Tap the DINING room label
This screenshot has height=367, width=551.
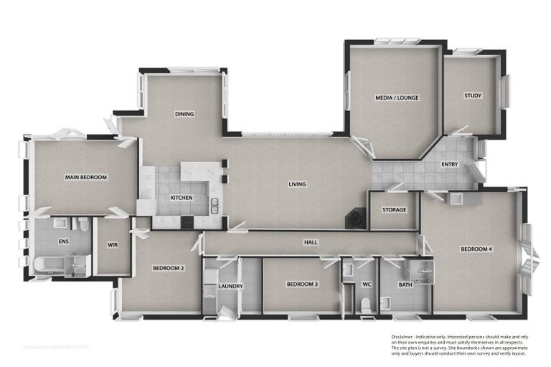185,114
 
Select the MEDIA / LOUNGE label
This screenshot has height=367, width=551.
397,97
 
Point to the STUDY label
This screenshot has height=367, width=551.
473,95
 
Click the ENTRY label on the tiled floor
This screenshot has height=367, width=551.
450,165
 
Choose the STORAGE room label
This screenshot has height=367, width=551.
394,210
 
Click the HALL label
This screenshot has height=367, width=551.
311,242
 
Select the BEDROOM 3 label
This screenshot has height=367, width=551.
302,285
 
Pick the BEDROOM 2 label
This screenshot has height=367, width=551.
169,268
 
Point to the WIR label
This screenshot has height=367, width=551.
112,245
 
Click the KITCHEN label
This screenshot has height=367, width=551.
181,198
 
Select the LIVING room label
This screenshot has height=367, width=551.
297,184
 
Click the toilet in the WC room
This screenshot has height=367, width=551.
365,305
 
